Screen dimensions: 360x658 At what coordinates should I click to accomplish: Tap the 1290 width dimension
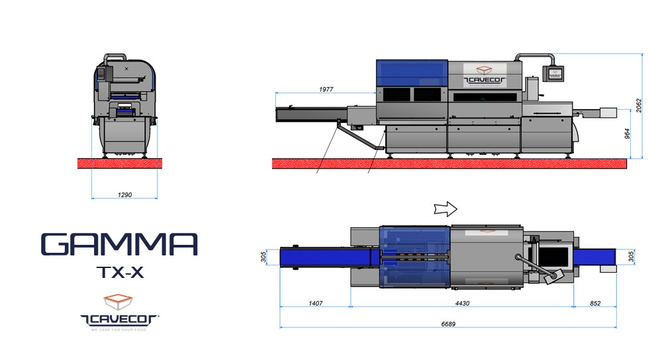click(124, 195)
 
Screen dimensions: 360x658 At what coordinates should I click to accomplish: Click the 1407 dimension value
click(314, 304)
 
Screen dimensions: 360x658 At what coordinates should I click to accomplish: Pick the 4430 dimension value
click(461, 304)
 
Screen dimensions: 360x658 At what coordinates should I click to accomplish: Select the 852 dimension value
click(594, 304)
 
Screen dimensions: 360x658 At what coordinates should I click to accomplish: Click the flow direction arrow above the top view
click(444, 209)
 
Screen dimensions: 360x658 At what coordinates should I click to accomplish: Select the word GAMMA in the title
click(119, 244)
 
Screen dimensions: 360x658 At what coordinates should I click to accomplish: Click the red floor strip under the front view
click(124, 163)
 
